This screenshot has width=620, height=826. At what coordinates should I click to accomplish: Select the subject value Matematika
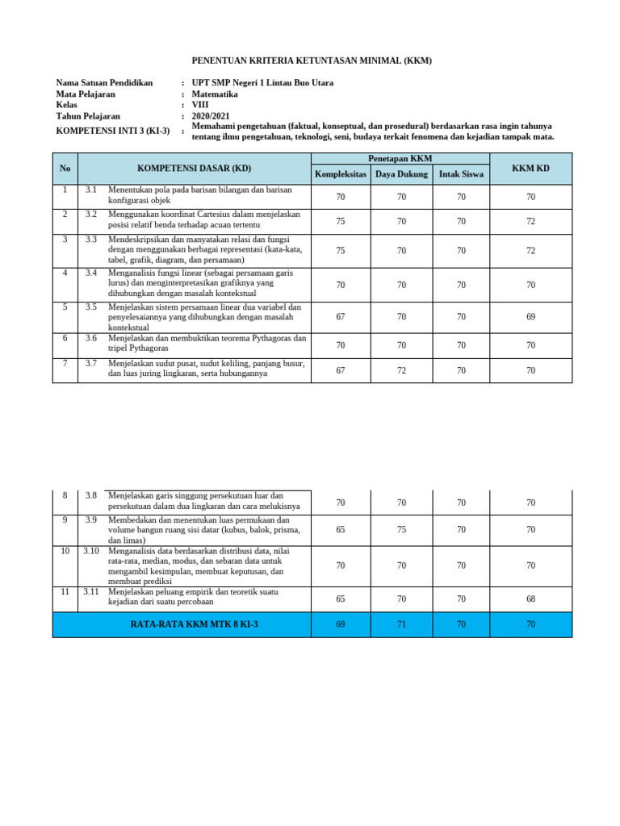coord(215,94)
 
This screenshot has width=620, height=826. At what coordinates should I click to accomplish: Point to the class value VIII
coord(200,105)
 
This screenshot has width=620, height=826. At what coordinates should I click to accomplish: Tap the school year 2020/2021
coord(212,116)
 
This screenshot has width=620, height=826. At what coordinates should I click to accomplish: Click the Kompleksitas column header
coord(340,174)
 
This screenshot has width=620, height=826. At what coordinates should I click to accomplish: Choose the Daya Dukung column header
coord(401,174)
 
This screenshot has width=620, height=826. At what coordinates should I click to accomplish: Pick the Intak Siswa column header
coord(461,174)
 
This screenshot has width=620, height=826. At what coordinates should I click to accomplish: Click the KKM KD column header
coord(530,168)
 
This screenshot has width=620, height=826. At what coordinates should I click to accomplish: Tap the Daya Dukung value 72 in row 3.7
coord(401,371)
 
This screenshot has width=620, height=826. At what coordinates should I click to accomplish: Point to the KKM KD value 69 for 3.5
coord(530,317)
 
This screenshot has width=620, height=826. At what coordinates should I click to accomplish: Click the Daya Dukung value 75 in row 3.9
coord(401,530)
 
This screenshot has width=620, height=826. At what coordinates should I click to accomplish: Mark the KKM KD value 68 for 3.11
coord(530,599)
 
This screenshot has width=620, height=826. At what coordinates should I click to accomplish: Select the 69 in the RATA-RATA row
coord(341,624)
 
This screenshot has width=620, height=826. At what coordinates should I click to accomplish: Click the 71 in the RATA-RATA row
coord(401,624)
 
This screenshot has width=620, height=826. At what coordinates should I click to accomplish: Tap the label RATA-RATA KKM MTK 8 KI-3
coord(194,624)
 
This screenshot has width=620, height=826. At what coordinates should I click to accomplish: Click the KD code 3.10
coord(90,551)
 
